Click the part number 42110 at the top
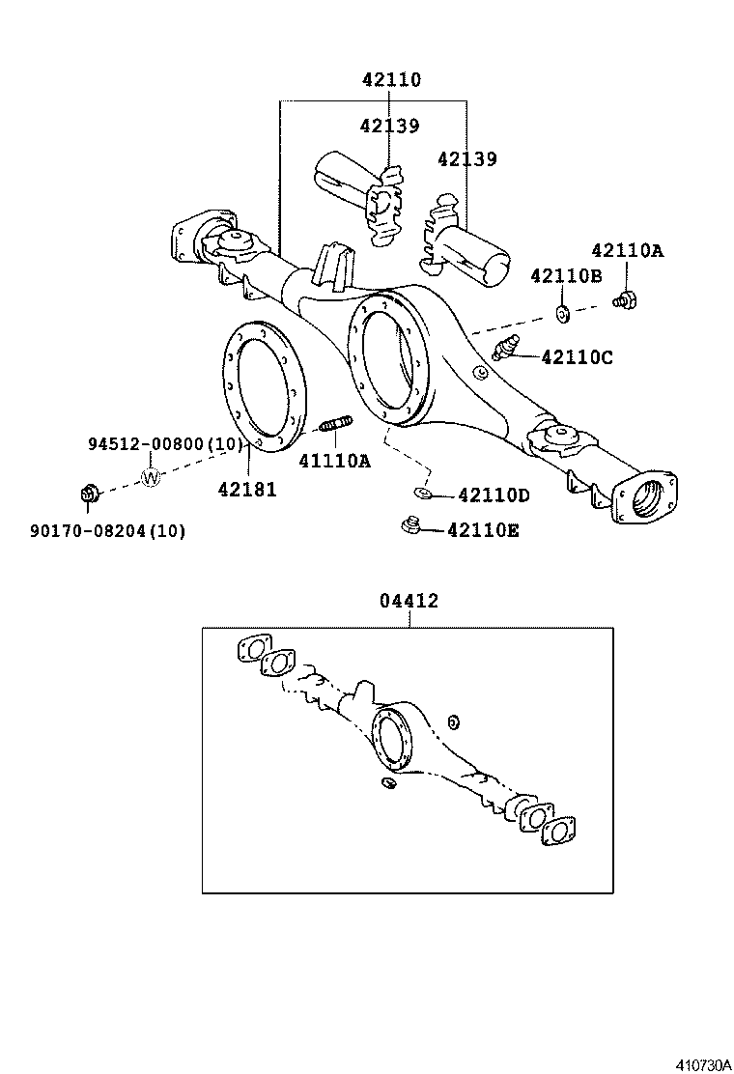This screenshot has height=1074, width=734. coord(392,80)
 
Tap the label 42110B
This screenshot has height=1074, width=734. coord(566,277)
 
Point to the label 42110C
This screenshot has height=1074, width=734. coord(578,357)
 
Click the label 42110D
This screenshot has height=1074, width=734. coord(494,495)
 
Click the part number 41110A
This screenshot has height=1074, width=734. coord(334,461)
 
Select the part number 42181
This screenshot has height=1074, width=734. coord(246,490)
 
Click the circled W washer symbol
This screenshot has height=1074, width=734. coord(152,477)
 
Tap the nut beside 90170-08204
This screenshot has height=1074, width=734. coord(88,495)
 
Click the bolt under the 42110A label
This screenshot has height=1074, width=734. coord(625,300)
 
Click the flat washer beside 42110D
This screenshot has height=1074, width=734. coord(423,495)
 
